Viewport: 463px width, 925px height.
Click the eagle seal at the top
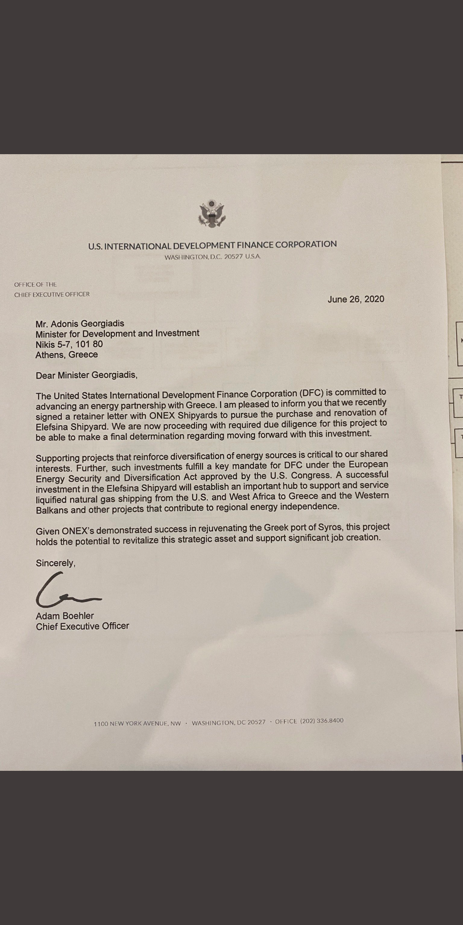tap(212, 213)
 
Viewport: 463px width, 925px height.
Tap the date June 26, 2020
tap(356, 299)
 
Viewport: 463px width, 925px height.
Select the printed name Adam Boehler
tap(65, 616)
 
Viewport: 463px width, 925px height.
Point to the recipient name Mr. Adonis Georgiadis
tap(80, 323)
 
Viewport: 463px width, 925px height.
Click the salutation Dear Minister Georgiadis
tap(87, 375)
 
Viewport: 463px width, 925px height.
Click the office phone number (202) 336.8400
tap(322, 721)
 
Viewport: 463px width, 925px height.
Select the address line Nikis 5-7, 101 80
tap(69, 344)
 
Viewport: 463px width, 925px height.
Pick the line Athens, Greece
tap(66, 355)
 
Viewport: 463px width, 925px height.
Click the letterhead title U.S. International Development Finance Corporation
tap(212, 245)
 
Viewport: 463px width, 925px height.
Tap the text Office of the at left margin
tap(35, 284)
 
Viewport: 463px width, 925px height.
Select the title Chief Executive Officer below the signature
tap(82, 626)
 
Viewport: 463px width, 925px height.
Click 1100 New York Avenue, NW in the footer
tap(137, 724)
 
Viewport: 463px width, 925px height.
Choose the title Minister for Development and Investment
tap(117, 334)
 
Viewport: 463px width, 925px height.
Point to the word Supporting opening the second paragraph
tap(57, 458)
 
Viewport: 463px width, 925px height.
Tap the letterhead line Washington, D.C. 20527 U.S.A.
tap(212, 257)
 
